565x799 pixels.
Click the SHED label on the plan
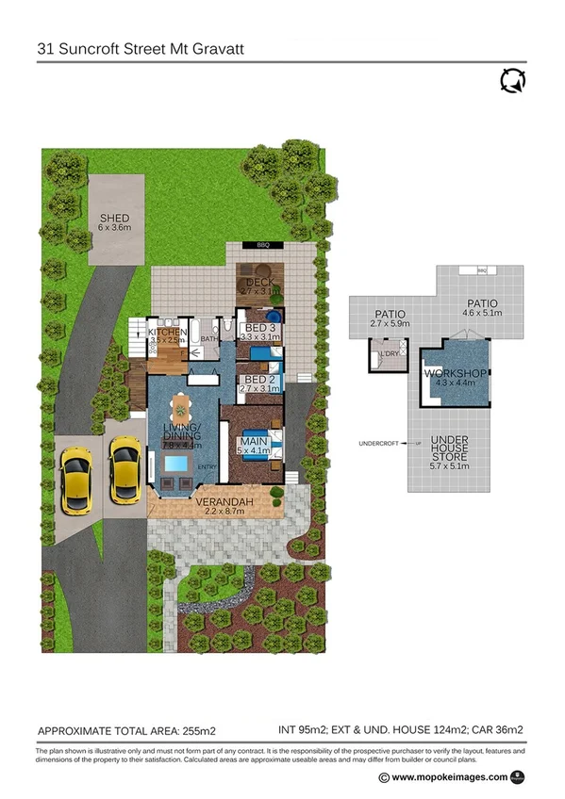click(113, 218)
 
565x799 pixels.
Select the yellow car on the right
click(124, 468)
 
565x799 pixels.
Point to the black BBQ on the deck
click(257, 245)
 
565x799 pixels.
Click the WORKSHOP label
click(457, 375)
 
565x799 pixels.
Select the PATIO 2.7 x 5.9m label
click(390, 314)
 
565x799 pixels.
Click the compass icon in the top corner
click(512, 81)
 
